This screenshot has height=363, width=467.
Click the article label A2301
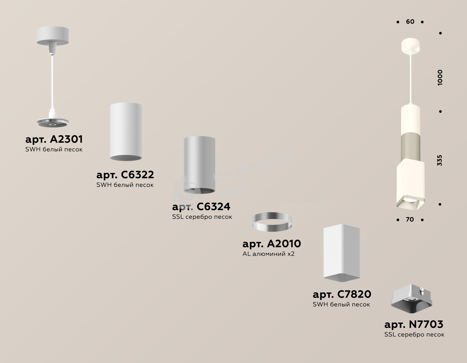[x=54, y=139]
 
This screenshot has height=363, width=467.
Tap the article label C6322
[x=125, y=175]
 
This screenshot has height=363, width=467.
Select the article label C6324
[x=201, y=207]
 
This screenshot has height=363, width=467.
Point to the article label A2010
[x=272, y=243]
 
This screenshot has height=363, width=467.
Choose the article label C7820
[x=342, y=294]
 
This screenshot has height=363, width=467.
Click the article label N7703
[x=414, y=324]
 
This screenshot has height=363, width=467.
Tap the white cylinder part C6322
[x=126, y=132]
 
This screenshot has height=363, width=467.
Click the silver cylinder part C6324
[x=199, y=165]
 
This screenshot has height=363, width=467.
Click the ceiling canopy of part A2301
[x=53, y=36]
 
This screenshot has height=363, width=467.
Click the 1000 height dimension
[x=440, y=78]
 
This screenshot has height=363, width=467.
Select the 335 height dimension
[x=439, y=160]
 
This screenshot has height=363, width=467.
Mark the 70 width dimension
[x=410, y=219]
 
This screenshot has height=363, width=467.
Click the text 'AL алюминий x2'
[x=269, y=254]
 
